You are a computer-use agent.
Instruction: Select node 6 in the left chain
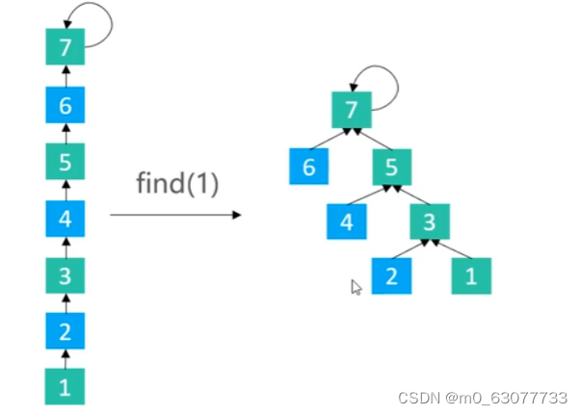pos(65,106)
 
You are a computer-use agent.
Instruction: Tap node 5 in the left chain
pos(65,163)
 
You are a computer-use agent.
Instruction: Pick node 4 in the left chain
pos(65,219)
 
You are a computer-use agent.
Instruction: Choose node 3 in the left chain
pos(65,276)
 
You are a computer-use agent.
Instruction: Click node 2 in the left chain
pos(65,332)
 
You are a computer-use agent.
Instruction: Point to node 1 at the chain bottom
pos(65,387)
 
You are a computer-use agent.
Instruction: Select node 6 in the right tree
pos(308,167)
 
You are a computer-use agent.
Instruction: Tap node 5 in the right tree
pos(391,167)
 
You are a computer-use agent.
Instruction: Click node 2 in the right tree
pos(391,275)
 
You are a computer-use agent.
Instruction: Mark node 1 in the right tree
pos(470,275)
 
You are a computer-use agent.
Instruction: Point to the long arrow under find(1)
pos(174,214)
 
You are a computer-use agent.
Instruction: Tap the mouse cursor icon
pos(356,287)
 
